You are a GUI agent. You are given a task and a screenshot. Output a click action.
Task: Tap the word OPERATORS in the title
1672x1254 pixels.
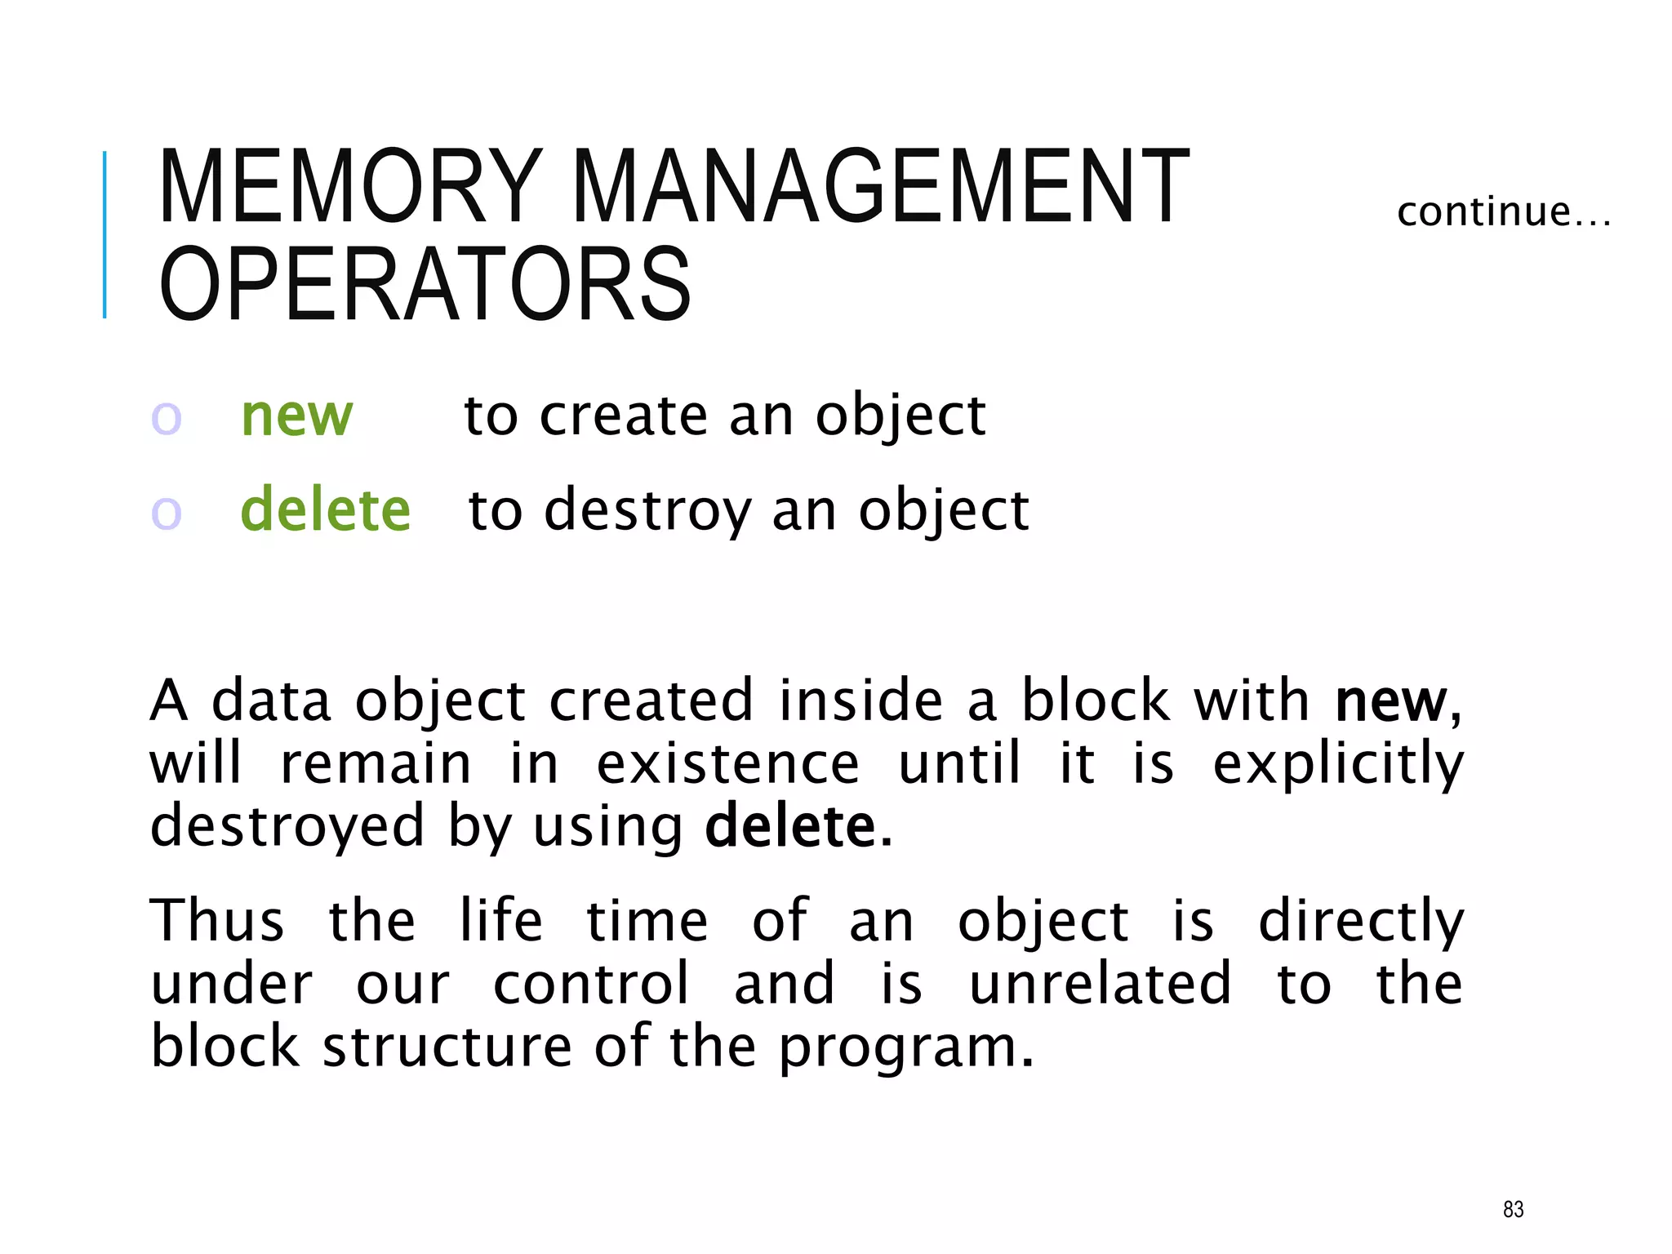[425, 284]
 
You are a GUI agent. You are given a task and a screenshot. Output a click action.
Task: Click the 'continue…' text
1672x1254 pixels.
[1503, 212]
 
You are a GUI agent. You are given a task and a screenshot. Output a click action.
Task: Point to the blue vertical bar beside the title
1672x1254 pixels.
[104, 234]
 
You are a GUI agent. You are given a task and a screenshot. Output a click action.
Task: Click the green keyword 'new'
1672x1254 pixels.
[297, 416]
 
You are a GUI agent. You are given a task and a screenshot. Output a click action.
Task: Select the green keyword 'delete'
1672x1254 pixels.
[325, 510]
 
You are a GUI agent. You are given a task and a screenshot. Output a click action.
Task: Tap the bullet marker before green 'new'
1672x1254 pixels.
[166, 419]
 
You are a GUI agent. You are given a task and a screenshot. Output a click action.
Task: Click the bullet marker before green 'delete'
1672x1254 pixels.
[166, 514]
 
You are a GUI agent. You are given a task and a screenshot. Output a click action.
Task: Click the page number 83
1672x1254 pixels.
[1513, 1209]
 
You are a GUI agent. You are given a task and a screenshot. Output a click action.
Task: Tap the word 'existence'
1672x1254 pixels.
[727, 764]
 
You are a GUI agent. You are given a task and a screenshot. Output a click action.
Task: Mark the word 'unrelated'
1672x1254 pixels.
[1100, 984]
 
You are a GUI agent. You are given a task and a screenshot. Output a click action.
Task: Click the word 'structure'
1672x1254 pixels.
[447, 1047]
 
